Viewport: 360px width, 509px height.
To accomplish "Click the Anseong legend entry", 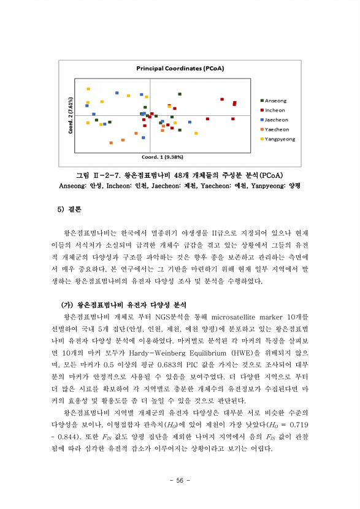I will click(x=275, y=101).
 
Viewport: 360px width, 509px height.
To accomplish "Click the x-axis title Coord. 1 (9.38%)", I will click(x=162, y=155).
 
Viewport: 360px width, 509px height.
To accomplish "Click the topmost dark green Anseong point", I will click(x=180, y=94).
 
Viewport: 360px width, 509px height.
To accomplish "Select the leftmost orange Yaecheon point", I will click(x=111, y=143).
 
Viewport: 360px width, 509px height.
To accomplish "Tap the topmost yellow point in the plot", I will click(x=88, y=89).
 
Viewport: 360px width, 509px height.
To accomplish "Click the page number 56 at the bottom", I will click(x=180, y=480).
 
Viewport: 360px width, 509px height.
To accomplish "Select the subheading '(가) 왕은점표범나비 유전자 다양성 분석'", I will click(x=123, y=305).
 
